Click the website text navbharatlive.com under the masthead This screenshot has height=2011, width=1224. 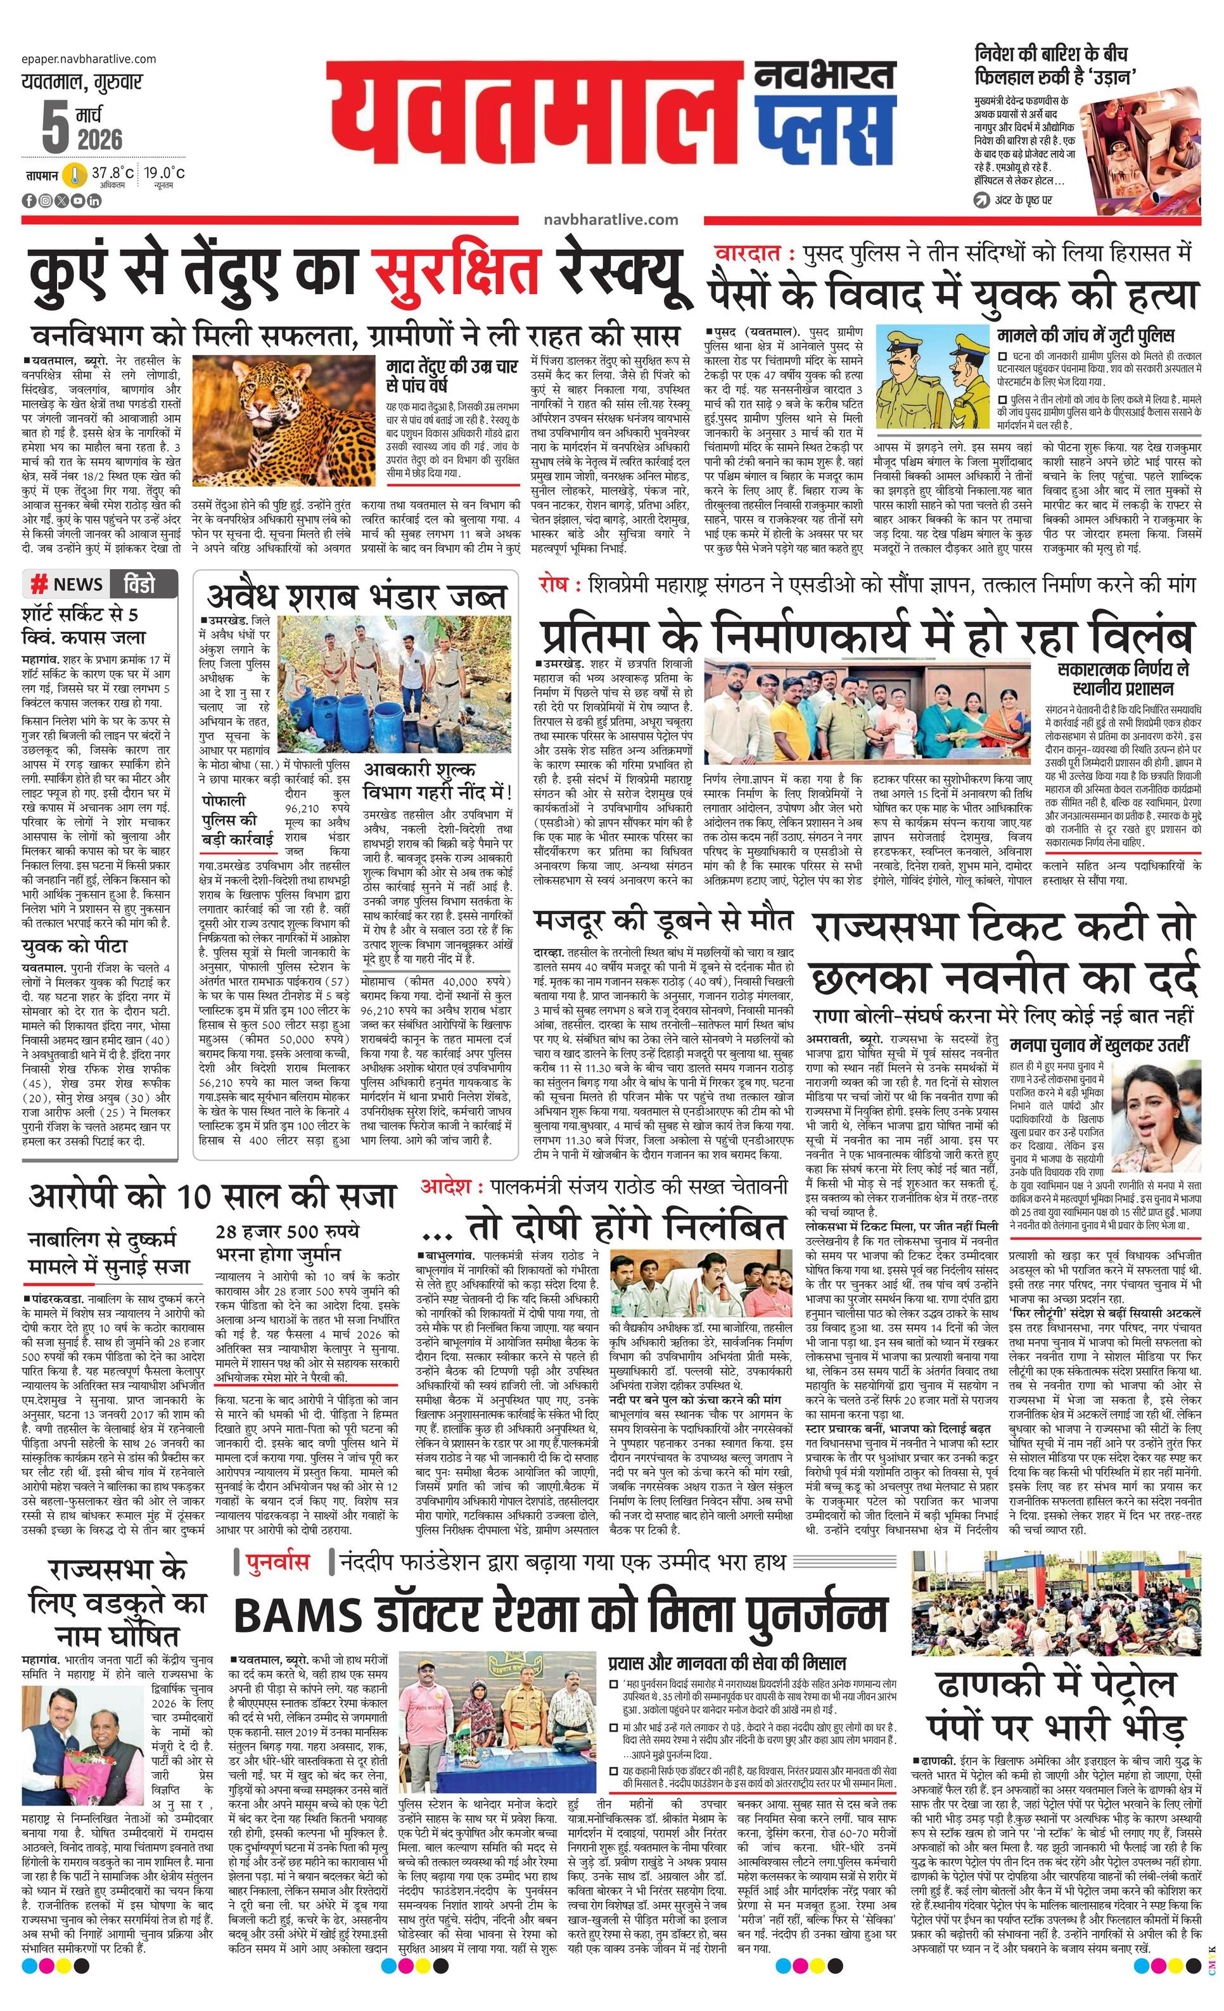pyautogui.click(x=609, y=219)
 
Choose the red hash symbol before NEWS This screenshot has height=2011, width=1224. pyautogui.click(x=37, y=584)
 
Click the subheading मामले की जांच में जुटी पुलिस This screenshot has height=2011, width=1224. pyautogui.click(x=1085, y=335)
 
